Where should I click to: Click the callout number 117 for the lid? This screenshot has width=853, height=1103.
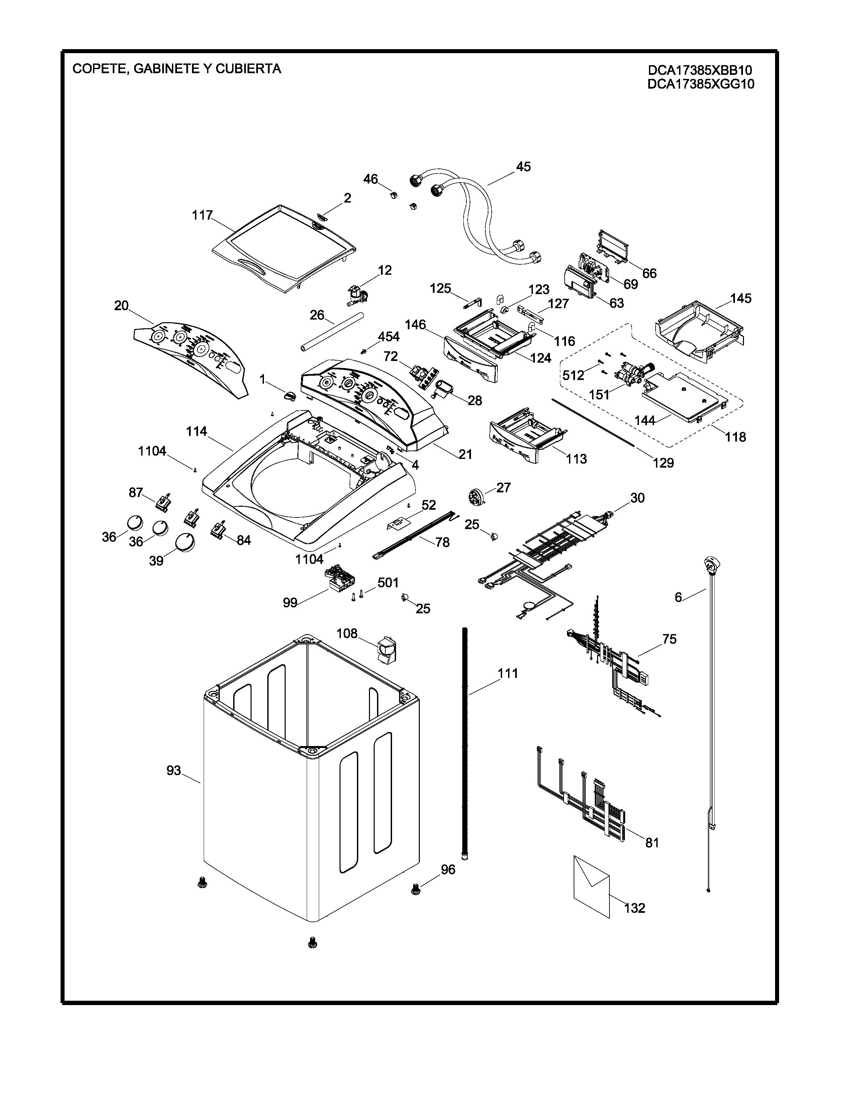click(x=202, y=216)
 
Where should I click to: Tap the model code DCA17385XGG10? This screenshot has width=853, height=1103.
click(x=700, y=84)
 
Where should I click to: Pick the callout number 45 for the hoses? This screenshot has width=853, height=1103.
click(x=523, y=167)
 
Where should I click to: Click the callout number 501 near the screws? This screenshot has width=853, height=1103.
click(x=388, y=583)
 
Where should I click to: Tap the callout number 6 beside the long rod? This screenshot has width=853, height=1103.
click(x=678, y=598)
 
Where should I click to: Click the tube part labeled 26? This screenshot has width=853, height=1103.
click(x=331, y=331)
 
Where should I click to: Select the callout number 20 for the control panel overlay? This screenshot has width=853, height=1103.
click(x=121, y=305)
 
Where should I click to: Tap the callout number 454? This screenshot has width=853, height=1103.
click(x=389, y=337)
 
